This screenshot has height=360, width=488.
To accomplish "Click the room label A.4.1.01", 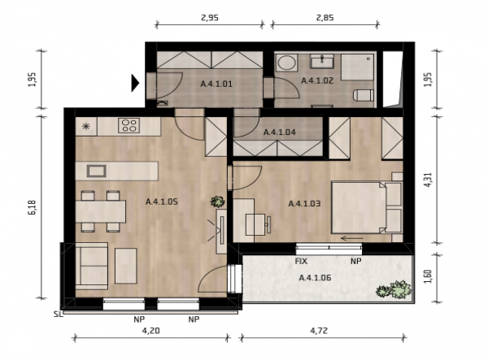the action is click(216, 84).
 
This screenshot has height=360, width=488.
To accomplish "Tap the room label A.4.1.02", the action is click(317, 80).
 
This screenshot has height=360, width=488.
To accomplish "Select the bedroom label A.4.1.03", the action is click(304, 204).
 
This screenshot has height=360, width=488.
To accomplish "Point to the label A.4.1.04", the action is click(280, 132).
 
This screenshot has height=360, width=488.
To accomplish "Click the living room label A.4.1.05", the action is click(162, 202).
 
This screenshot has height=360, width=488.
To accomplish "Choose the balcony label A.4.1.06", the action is click(315, 278).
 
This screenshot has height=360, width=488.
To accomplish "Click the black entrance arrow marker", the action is click(135, 83).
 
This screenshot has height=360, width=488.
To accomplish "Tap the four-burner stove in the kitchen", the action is click(129, 126).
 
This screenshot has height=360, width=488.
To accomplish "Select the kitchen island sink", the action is click(97, 171).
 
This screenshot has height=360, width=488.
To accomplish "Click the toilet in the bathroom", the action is click(364, 95).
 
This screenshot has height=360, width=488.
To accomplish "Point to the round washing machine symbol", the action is click(286, 63).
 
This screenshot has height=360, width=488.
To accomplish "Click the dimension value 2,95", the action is click(210, 17).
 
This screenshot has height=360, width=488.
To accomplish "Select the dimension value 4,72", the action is click(319, 331).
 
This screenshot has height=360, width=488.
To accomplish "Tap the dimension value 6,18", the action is click(33, 207).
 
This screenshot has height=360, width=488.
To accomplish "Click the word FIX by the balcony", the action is click(301, 261).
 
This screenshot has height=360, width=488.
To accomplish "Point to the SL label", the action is click(58, 314).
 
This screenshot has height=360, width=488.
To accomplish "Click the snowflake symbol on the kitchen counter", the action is click(85, 126).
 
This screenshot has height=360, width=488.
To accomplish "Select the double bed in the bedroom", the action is click(367, 207).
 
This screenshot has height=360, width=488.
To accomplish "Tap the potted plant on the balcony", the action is click(394, 290).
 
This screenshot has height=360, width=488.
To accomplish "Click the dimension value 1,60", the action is click(428, 276).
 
